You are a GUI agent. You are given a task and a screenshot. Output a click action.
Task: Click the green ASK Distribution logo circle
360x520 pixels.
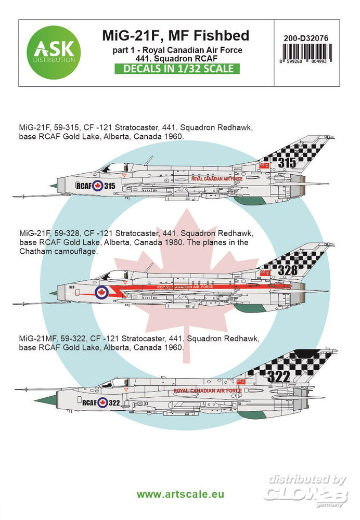tap(54, 53)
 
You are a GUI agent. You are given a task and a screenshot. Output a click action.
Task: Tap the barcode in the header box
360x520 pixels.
tap(306, 54)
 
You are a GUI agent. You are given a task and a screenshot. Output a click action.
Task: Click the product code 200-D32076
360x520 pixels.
tap(305, 38)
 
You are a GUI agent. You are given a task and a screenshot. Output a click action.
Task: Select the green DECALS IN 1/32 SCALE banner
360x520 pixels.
tap(177, 69)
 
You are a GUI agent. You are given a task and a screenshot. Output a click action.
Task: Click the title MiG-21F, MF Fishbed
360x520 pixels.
tap(175, 35)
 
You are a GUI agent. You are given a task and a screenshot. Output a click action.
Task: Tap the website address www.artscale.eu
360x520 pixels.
tap(180, 494)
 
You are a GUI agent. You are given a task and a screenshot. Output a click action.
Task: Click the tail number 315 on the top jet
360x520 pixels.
tap(287, 162)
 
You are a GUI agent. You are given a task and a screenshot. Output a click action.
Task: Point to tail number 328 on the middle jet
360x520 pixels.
tap(287, 270)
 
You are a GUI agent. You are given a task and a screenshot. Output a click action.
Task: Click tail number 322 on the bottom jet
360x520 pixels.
tap(278, 376)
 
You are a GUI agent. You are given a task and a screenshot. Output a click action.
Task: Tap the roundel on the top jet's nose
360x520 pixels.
tap(98, 186)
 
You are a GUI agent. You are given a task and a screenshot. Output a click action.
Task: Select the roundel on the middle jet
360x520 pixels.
tap(101, 292)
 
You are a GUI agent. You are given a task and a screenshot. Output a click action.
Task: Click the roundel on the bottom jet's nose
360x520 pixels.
tap(102, 402)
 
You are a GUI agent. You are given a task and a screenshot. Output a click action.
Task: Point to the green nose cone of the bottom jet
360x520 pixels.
tap(45, 399)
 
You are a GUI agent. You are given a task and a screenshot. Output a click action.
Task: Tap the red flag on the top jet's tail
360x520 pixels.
tap(264, 165)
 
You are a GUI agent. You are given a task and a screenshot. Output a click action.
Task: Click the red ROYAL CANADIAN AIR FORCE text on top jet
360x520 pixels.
tap(216, 179)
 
